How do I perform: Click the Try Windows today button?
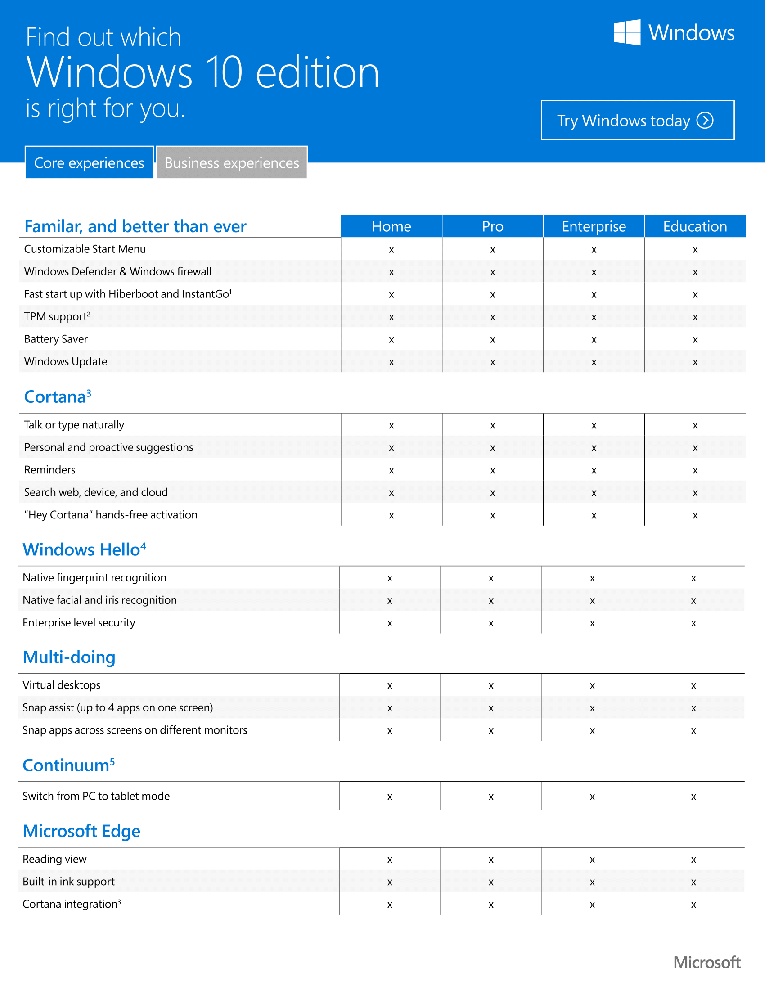tap(637, 120)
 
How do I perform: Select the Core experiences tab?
tap(89, 163)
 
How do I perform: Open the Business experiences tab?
tap(232, 163)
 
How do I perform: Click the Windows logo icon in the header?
tap(627, 32)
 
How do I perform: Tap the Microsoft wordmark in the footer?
tap(706, 962)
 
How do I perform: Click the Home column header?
tap(391, 226)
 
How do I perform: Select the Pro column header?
tap(493, 226)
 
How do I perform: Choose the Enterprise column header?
tap(594, 226)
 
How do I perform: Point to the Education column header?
tap(695, 226)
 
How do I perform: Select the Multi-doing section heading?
tap(69, 657)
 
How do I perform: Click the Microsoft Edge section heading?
tap(81, 831)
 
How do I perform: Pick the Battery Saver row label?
tap(56, 339)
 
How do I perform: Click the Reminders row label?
tap(50, 470)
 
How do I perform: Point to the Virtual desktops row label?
tap(62, 685)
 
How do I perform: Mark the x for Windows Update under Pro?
tap(493, 362)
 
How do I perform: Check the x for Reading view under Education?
tap(693, 859)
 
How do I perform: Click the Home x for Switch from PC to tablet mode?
tap(390, 797)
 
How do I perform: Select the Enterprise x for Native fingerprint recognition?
tap(592, 578)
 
